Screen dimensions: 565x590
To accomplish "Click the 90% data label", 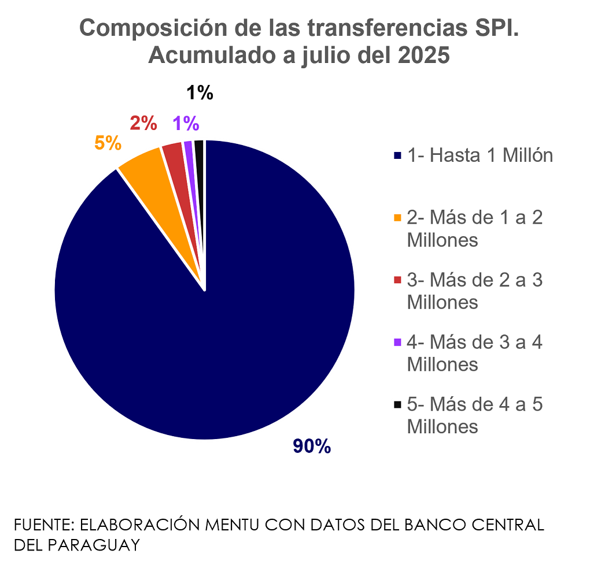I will pyautogui.click(x=312, y=446).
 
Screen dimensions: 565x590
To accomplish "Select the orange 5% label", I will pyautogui.click(x=108, y=143).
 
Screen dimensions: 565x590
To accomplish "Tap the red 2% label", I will pyautogui.click(x=143, y=123).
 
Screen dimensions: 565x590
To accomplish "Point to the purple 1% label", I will pyautogui.click(x=186, y=123).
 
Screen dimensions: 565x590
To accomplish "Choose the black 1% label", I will pyautogui.click(x=200, y=92).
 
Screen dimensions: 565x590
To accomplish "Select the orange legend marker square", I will pyautogui.click(x=397, y=218).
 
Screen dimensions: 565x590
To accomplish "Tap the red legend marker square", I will pyautogui.click(x=397, y=280).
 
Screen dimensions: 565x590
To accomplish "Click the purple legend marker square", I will pyautogui.click(x=397, y=343).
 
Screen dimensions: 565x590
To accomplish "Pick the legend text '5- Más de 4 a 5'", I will pyautogui.click(x=475, y=404).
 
